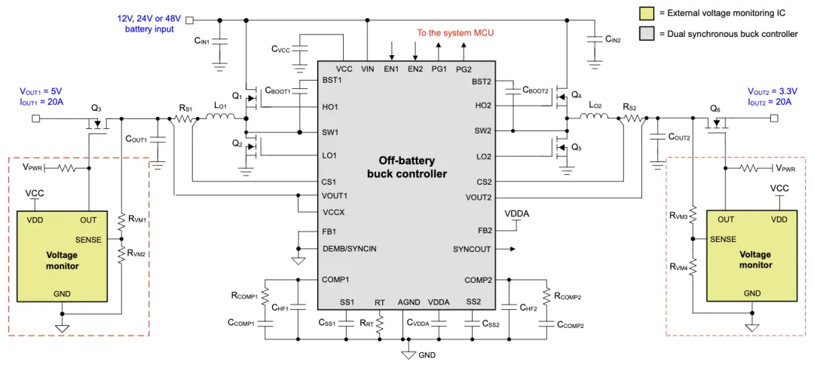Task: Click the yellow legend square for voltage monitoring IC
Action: point(646,13)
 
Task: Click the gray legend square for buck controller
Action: point(646,33)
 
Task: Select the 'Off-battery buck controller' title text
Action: point(407,167)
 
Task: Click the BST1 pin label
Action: point(332,80)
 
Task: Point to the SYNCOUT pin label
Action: point(472,249)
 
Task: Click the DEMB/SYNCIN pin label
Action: point(349,249)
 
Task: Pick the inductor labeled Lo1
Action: point(225,118)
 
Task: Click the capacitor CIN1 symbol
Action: point(220,41)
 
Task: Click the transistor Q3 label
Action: point(96,108)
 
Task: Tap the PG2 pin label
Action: point(464,69)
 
